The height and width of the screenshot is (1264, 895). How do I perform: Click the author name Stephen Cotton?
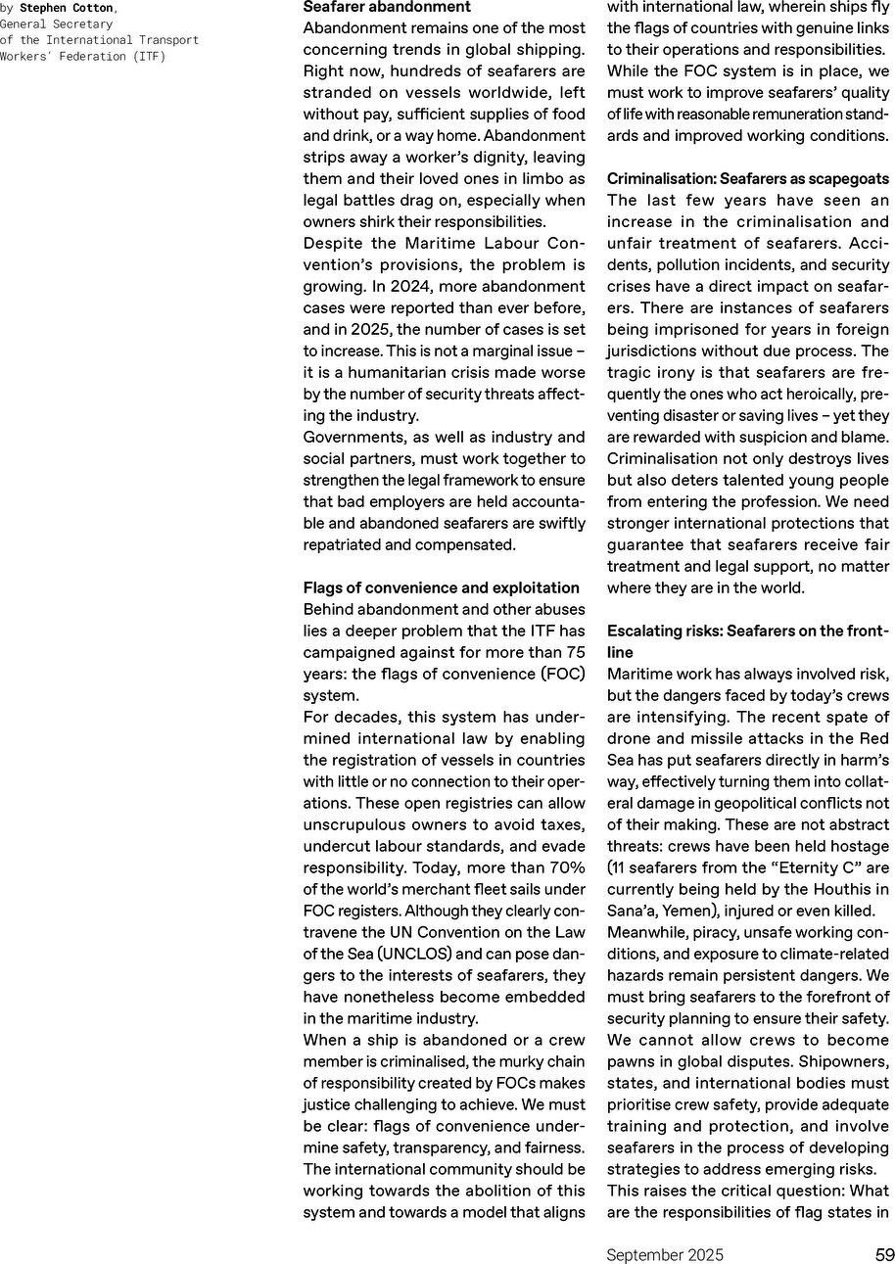67,8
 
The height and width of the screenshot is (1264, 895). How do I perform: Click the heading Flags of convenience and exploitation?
442,587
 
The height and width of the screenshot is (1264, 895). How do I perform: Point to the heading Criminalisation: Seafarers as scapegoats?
748,178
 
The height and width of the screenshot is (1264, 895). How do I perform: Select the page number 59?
884,1254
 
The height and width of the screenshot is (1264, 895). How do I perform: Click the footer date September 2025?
665,1254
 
